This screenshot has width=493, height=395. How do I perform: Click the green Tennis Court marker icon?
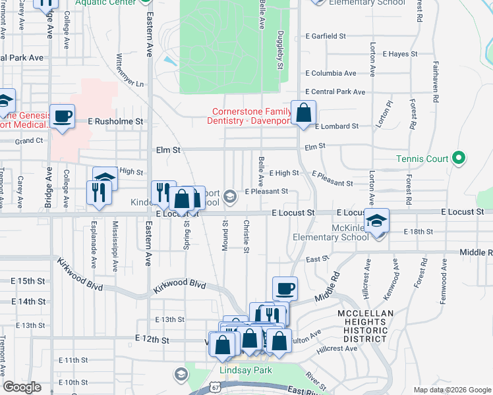[459, 159]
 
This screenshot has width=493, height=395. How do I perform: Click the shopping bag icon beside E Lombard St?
[303, 113]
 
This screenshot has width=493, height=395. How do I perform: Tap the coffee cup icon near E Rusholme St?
[63, 117]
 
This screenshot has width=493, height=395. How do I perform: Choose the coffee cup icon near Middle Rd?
[285, 288]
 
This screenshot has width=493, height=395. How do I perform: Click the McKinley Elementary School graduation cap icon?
[377, 221]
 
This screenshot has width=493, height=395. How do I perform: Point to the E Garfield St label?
[326, 36]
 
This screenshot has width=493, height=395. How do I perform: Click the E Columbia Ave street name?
[330, 73]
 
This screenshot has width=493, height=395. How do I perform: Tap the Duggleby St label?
[281, 50]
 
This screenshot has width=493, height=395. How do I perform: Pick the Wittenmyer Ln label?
[129, 70]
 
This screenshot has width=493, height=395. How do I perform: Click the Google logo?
[22, 387]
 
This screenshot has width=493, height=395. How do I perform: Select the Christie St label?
[247, 236]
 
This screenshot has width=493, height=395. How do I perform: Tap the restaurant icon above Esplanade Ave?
[98, 193]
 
